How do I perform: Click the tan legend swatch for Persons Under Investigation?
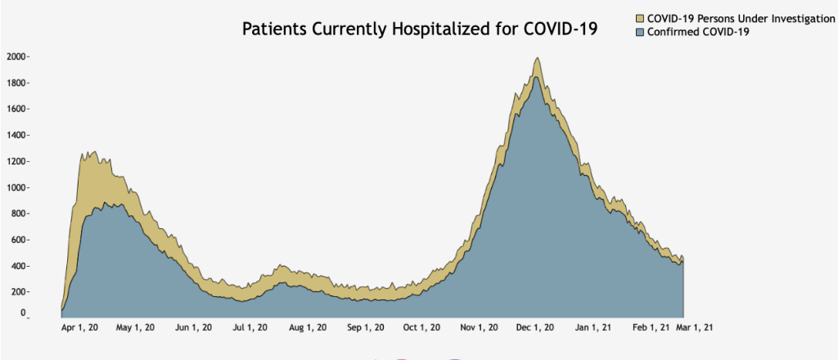pyautogui.click(x=640, y=17)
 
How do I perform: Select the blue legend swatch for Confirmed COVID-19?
pyautogui.click(x=640, y=31)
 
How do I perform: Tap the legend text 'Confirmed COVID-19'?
pyautogui.click(x=698, y=31)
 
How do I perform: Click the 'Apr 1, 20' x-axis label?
pyautogui.click(x=80, y=328)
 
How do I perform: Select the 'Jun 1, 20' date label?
pyautogui.click(x=195, y=328)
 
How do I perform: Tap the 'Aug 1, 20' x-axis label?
pyautogui.click(x=309, y=328)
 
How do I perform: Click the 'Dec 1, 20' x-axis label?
pyautogui.click(x=536, y=328)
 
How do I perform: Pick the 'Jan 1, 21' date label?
pyautogui.click(x=593, y=328)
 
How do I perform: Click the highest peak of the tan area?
pyautogui.click(x=537, y=59)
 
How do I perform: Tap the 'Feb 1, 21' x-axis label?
pyautogui.click(x=651, y=328)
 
